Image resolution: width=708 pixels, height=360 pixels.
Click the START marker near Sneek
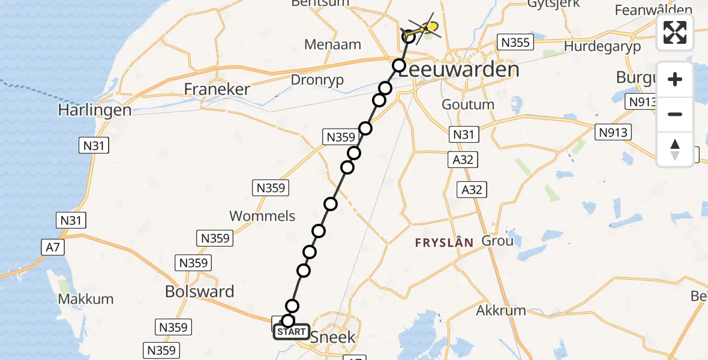[292, 332]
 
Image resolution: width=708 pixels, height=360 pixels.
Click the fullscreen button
[675, 32]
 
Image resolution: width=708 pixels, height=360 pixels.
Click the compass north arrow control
[675, 149]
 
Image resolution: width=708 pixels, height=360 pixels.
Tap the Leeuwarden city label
[458, 70]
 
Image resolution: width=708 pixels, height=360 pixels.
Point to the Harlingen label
[94, 110]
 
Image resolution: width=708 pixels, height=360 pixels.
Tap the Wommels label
[262, 215]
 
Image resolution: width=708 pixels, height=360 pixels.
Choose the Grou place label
[497, 241]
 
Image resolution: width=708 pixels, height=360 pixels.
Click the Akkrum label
[501, 310]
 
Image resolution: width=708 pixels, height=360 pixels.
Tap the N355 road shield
[514, 43]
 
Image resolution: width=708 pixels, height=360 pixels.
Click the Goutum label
[468, 104]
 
